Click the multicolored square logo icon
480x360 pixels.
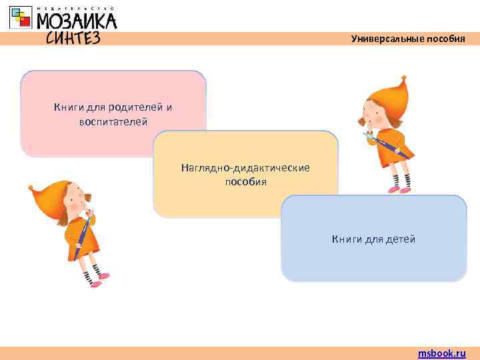tap(21, 18)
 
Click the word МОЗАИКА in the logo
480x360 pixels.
tap(76, 21)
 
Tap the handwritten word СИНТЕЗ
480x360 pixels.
tap(73, 38)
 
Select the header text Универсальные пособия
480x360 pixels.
tap(408, 39)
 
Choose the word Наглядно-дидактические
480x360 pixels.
tap(245, 167)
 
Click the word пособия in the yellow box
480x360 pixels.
tap(245, 181)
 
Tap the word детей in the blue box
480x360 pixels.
tap(400, 239)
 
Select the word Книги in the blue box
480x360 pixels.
tap(347, 239)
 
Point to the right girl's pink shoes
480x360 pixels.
tap(399, 189)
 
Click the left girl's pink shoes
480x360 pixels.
tap(99, 279)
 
